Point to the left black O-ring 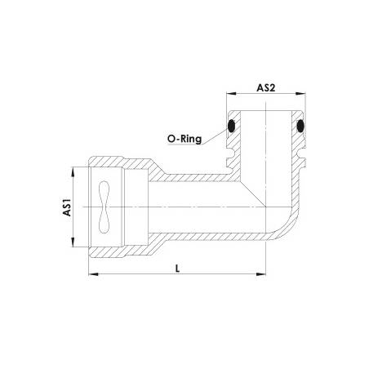click(x=231, y=127)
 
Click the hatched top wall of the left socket click(x=122, y=164)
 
